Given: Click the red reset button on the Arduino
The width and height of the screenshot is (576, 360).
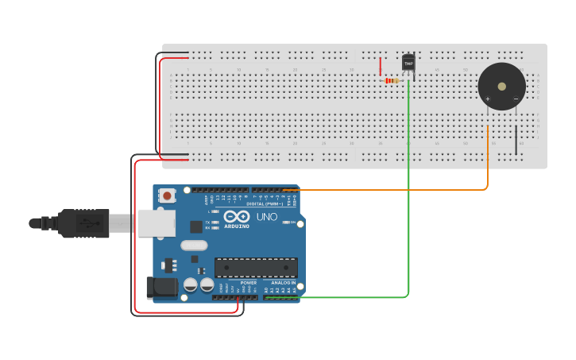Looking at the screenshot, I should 167,195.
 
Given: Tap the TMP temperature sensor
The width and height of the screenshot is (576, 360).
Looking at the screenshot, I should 408,63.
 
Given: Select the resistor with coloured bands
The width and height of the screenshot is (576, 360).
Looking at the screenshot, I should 391,80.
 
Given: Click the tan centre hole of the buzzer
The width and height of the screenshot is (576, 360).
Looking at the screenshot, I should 501,86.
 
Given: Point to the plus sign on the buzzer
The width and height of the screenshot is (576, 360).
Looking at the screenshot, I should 487,99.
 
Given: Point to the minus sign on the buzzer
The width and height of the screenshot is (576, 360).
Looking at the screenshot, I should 516,99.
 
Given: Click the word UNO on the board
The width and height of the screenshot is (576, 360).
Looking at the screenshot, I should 266,216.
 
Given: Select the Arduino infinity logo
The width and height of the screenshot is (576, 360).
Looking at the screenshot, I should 237,216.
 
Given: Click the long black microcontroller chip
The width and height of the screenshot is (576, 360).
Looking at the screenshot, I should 256,267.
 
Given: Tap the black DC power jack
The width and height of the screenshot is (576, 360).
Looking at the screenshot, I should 162,287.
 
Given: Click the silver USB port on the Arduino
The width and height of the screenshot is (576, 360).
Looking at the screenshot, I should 156,223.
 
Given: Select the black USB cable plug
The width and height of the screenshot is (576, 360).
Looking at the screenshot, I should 83,223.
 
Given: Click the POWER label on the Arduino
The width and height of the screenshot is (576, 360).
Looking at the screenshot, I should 249,283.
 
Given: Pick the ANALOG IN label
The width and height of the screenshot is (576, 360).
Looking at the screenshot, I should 283,283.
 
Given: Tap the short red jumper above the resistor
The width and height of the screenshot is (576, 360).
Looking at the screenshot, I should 381,66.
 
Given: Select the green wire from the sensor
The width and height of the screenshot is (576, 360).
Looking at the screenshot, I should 409,199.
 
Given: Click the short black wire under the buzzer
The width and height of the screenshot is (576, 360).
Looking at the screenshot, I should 516,139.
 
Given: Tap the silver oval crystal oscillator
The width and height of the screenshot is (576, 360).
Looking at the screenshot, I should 194,246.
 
